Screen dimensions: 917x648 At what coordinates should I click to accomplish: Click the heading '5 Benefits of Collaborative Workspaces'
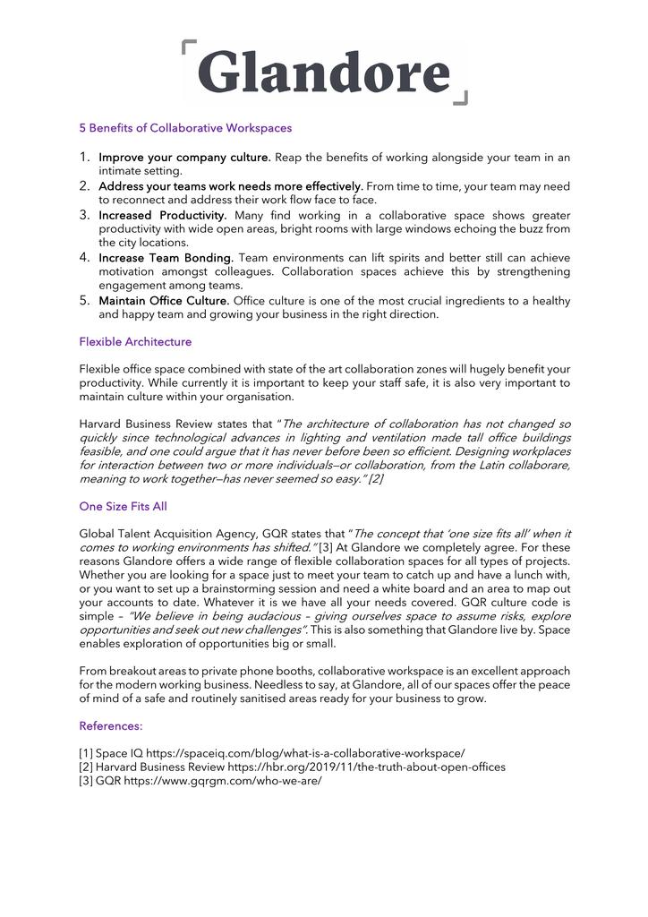tap(185, 128)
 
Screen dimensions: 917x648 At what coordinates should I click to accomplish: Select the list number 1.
tap(85, 158)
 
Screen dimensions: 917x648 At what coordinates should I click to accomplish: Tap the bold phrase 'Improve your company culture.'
tap(184, 158)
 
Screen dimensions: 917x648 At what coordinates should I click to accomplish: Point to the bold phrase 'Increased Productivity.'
tap(163, 216)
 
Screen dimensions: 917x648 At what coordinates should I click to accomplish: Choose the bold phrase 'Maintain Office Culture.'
tap(164, 301)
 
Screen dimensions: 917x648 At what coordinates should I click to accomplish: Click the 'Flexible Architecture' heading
tap(135, 342)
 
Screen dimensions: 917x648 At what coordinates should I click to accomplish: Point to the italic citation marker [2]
tap(376, 480)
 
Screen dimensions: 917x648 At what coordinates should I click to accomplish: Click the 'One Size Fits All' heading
tap(123, 506)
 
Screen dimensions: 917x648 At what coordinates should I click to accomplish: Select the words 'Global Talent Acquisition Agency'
tap(167, 534)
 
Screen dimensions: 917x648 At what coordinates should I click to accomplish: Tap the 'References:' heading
tap(111, 725)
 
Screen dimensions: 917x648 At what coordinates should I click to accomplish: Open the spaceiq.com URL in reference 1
tap(305, 753)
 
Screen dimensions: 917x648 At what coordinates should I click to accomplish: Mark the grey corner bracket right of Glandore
tap(460, 98)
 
